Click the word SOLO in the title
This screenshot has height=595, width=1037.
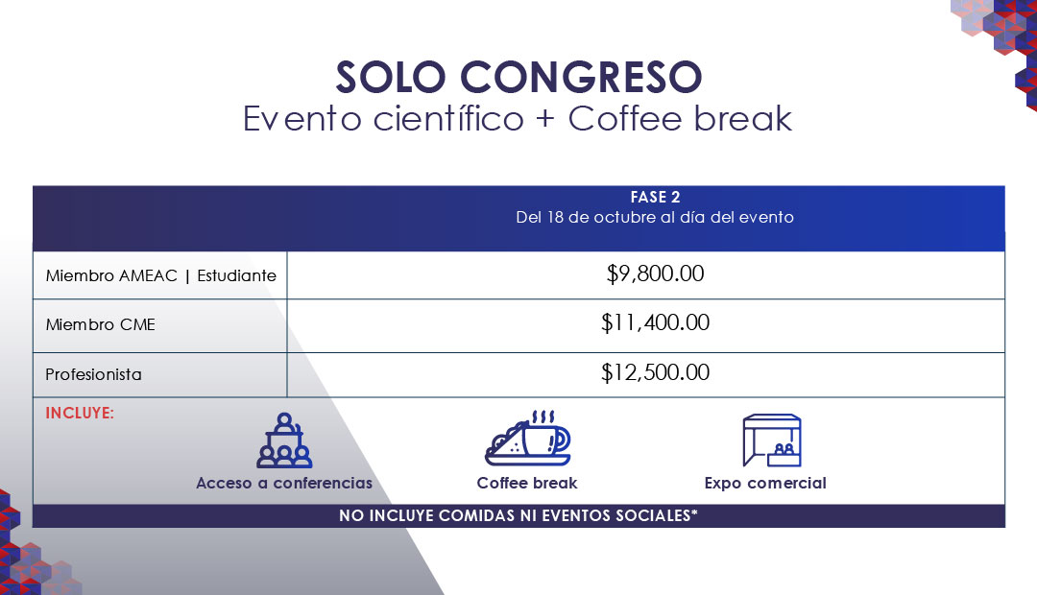click(x=390, y=78)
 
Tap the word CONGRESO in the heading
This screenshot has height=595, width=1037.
click(x=581, y=78)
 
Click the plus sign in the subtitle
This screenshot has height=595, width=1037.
click(x=545, y=120)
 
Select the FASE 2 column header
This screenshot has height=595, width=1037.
click(x=655, y=197)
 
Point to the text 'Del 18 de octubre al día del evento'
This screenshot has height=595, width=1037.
click(x=655, y=218)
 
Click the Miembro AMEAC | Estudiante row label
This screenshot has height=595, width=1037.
click(x=160, y=275)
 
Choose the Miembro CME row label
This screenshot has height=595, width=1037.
click(x=101, y=324)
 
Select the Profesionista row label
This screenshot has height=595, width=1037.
click(x=93, y=375)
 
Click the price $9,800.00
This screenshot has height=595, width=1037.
click(x=656, y=274)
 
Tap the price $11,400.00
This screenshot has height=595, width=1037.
click(x=656, y=322)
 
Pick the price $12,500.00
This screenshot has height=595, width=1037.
click(x=656, y=373)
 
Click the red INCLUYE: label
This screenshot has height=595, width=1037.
click(x=80, y=414)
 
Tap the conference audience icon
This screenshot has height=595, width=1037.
click(x=284, y=440)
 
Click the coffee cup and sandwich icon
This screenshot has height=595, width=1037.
click(x=527, y=438)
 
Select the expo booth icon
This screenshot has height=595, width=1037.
click(x=772, y=440)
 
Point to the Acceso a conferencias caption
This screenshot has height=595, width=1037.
click(x=284, y=484)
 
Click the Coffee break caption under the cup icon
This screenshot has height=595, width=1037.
click(x=527, y=484)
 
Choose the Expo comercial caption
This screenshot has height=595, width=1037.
click(x=765, y=484)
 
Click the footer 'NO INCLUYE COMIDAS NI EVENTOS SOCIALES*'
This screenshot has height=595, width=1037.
click(x=518, y=515)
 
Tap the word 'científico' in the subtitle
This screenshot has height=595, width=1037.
click(x=448, y=120)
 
